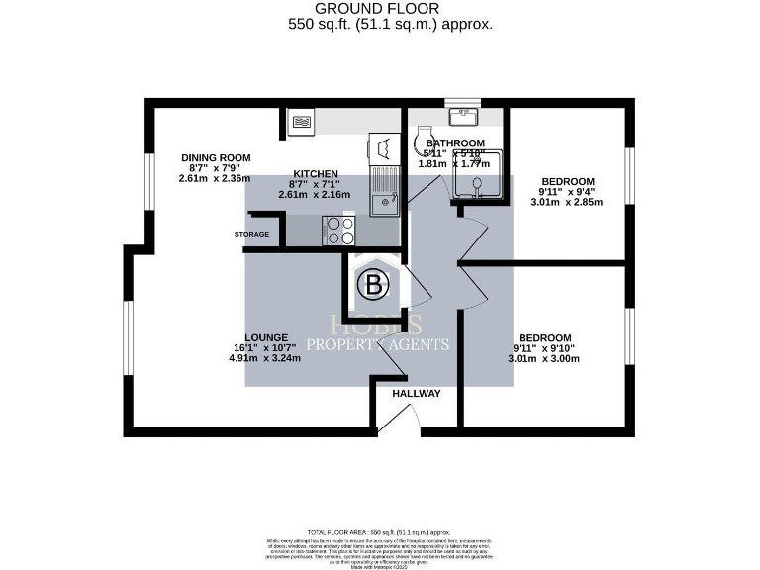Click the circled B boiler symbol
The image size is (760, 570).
[373, 286]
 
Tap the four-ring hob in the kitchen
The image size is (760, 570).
[339, 231]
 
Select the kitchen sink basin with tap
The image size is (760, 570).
[383, 204]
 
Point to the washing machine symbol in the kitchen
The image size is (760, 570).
[382, 149]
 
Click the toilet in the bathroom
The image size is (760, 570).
[425, 142]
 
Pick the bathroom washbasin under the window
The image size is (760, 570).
[461, 117]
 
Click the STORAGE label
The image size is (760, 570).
[251, 234]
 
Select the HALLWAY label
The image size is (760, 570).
[416, 393]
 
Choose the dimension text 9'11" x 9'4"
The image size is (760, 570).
[567, 191]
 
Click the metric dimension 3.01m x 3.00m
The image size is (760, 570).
[542, 358]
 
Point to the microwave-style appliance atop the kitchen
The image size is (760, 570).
[301, 123]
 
